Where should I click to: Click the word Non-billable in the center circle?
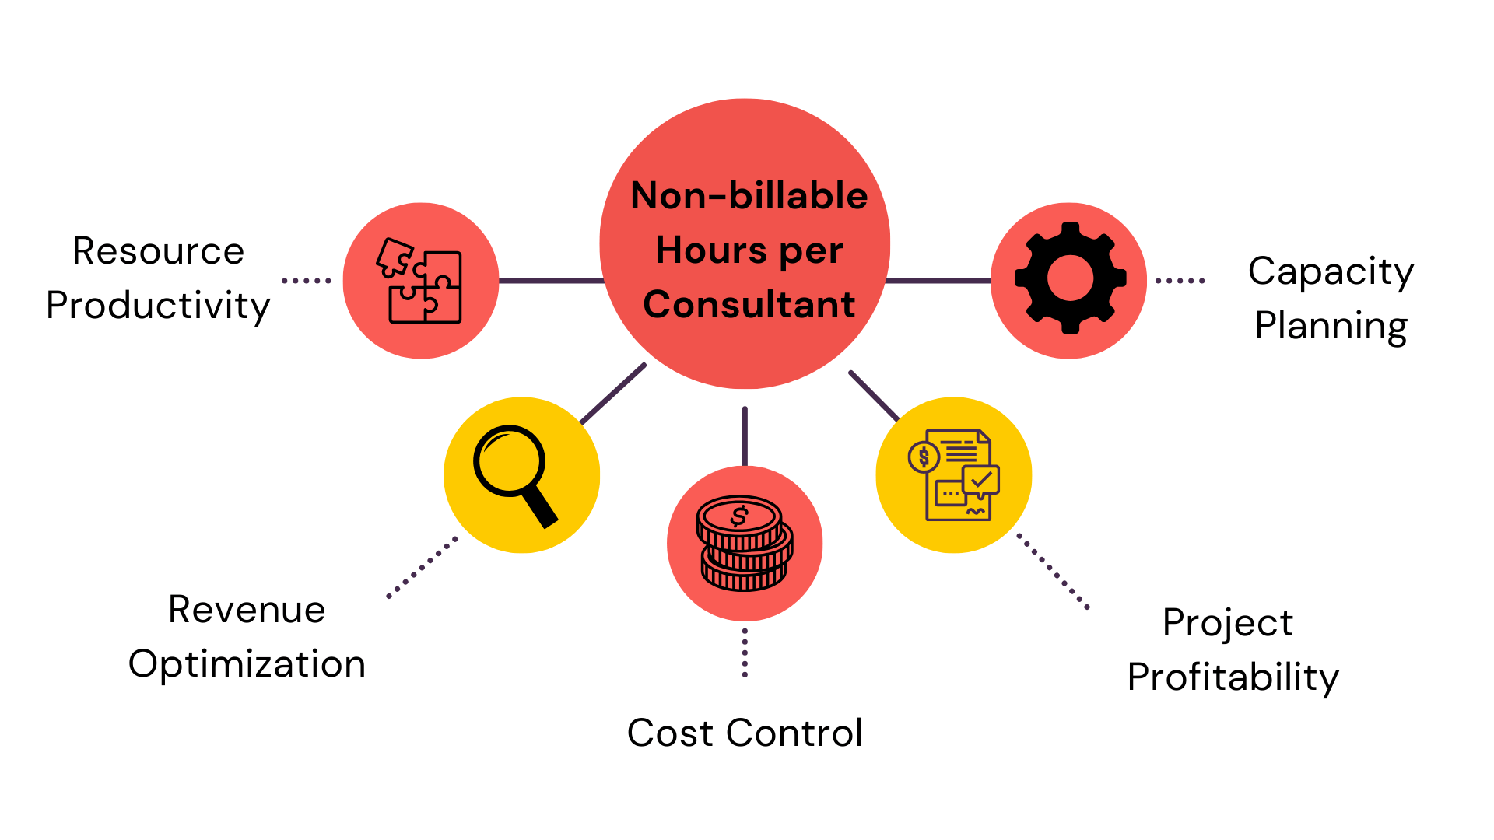point(749,195)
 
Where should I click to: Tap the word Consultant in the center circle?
point(749,304)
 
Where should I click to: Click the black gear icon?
point(1070,278)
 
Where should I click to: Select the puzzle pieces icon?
point(420,281)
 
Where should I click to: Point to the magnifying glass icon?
point(514,474)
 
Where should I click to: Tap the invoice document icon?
point(954,474)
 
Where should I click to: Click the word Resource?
point(158,251)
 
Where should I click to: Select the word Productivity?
point(158,306)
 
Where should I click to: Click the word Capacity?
point(1331,271)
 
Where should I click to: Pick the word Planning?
point(1331,325)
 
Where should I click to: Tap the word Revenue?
point(247,609)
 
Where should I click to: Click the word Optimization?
point(247,663)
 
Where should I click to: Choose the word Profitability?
point(1233,677)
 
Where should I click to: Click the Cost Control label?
point(745,733)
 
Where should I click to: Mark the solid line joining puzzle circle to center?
point(551,280)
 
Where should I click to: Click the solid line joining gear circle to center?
point(938,280)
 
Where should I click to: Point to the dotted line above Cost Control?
point(745,653)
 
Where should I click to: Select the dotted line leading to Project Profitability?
point(1053,571)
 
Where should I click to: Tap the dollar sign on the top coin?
point(738,516)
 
